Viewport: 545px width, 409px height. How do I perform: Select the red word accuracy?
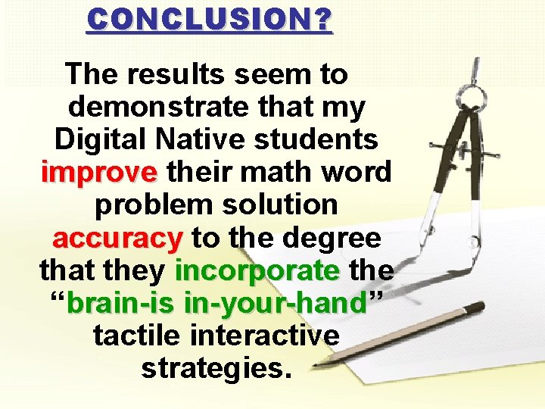click(118, 238)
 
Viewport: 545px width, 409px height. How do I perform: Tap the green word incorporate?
click(257, 270)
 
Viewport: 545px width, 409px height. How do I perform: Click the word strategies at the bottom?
click(216, 369)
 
